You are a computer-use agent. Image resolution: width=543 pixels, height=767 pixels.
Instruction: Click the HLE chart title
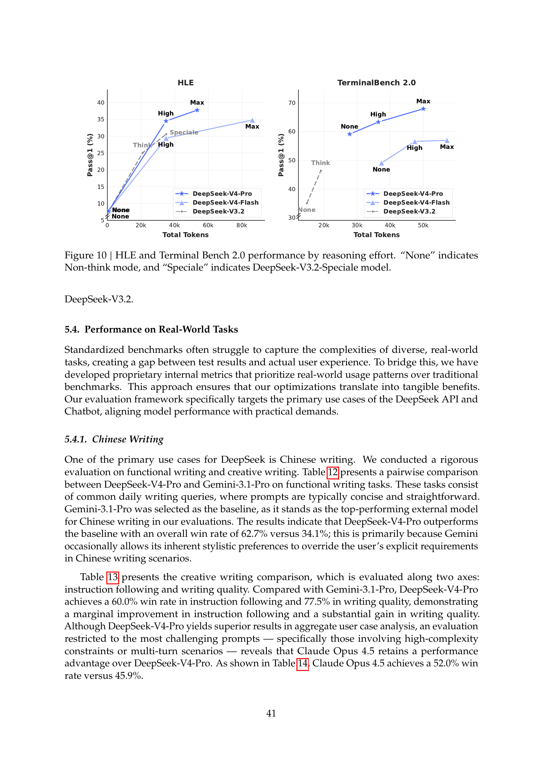(x=185, y=83)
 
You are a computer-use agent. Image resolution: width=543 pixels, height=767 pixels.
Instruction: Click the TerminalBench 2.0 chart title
(x=376, y=83)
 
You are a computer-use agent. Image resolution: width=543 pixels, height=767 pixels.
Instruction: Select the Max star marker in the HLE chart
(x=197, y=110)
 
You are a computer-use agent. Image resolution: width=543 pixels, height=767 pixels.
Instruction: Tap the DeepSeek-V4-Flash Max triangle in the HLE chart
(x=252, y=120)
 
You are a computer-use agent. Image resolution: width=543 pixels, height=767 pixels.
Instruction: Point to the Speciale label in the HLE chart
(x=184, y=132)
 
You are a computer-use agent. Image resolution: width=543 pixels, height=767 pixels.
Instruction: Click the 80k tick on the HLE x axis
(x=242, y=226)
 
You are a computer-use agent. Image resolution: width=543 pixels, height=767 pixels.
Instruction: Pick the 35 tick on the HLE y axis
(x=101, y=119)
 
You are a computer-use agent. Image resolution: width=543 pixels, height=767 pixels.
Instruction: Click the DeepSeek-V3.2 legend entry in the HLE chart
(x=218, y=212)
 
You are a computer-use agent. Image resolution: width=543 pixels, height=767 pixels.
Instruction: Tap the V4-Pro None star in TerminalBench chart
(x=349, y=134)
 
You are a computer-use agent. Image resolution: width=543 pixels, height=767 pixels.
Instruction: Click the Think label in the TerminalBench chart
(x=320, y=163)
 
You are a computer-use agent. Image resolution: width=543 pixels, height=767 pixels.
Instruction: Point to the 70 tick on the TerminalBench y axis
(x=292, y=103)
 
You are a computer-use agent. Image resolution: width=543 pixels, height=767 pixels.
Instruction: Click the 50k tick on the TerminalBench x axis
(x=423, y=226)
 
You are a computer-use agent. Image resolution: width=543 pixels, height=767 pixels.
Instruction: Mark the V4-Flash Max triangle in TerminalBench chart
(x=447, y=141)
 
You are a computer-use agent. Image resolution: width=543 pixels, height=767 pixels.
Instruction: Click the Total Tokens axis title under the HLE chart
(x=185, y=235)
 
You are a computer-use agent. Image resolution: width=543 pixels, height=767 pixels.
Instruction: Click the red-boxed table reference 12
(x=333, y=472)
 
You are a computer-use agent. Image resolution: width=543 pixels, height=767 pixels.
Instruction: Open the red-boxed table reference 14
(x=303, y=663)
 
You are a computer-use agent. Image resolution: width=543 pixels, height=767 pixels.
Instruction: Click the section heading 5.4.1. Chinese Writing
(x=114, y=439)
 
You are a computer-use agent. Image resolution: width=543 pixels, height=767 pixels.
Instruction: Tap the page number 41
(x=271, y=713)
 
